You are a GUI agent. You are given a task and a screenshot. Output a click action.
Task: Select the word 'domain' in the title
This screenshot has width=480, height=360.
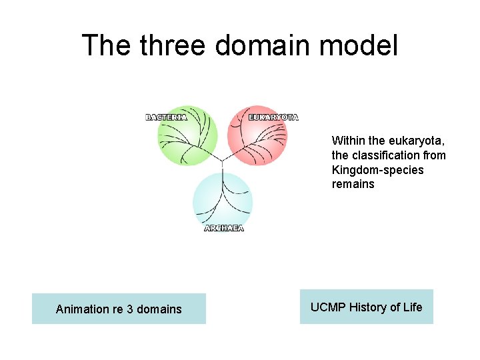pyautogui.click(x=264, y=45)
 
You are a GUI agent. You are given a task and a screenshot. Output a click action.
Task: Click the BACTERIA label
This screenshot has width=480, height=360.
pyautogui.click(x=166, y=117)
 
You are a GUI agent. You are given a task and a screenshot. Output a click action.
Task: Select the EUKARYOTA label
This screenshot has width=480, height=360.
pyautogui.click(x=273, y=117)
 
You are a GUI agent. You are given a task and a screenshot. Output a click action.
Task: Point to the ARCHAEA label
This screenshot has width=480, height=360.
pyautogui.click(x=224, y=228)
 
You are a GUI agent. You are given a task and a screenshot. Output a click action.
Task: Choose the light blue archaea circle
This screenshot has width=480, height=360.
pyautogui.click(x=223, y=200)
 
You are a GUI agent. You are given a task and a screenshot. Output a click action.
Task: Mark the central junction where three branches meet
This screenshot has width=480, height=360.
pyautogui.click(x=222, y=161)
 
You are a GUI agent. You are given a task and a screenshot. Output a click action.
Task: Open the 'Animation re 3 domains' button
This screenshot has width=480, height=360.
pyautogui.click(x=119, y=309)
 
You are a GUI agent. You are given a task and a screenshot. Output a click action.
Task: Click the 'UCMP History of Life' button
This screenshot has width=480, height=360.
pyautogui.click(x=366, y=307)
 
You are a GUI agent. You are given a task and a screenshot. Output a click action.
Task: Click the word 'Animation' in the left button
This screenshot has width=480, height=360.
pyautogui.click(x=82, y=309)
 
